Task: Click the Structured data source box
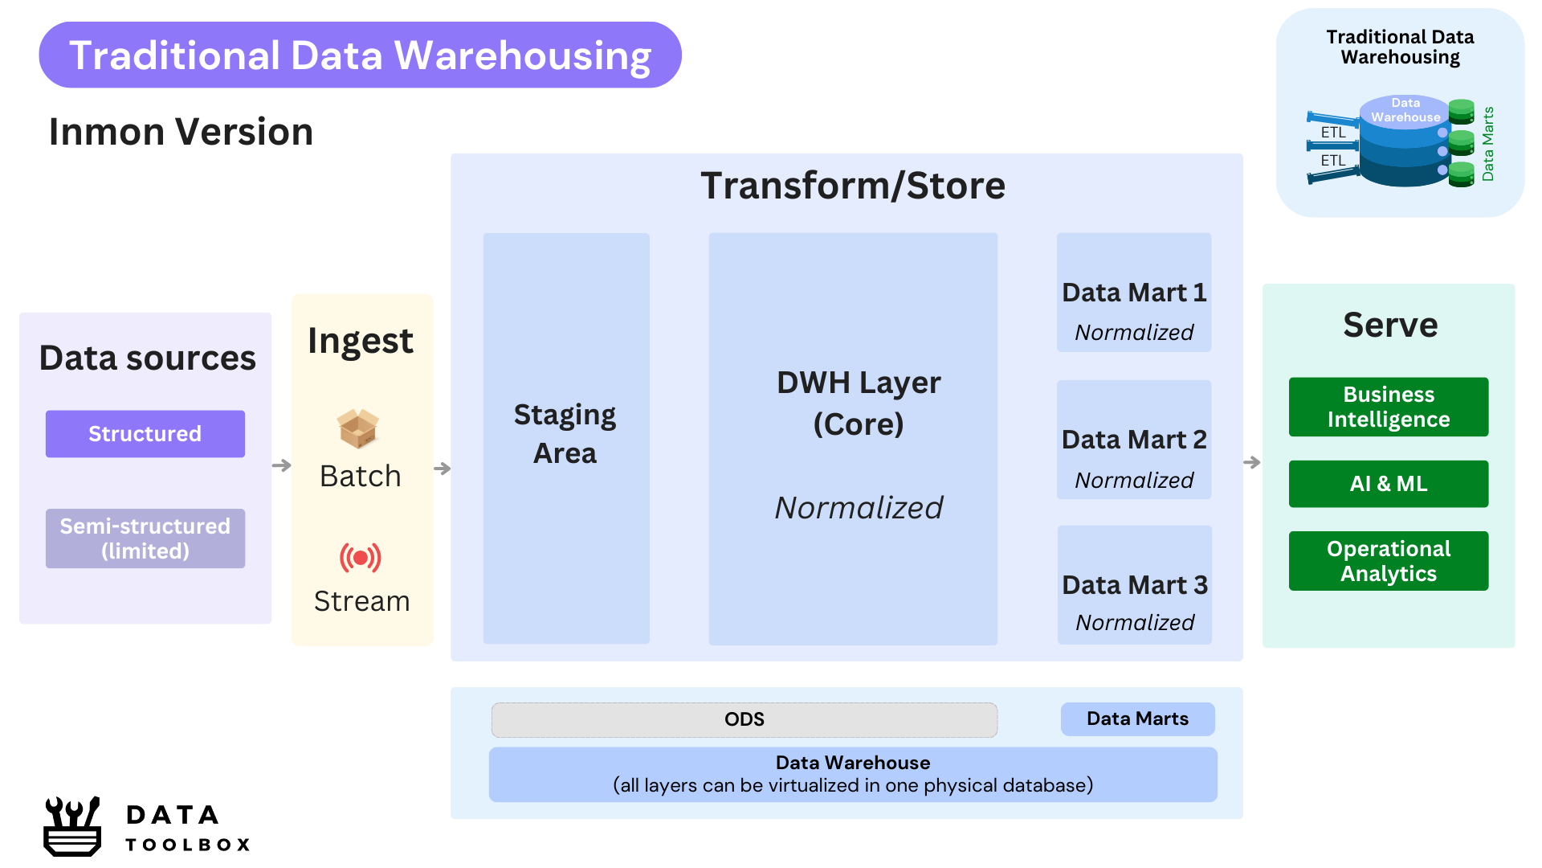click(145, 434)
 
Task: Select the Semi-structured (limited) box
click(145, 538)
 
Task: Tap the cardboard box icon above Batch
click(358, 428)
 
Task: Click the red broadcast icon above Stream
click(361, 557)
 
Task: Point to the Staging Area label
click(565, 434)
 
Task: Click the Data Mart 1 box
click(1134, 293)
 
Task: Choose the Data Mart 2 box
click(1134, 440)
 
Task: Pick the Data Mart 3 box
click(1135, 585)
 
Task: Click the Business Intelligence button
click(1389, 407)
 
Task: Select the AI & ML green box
click(1389, 484)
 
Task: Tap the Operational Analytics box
click(1389, 561)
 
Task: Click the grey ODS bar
click(744, 719)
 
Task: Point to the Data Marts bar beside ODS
click(1138, 719)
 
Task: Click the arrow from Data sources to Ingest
click(282, 465)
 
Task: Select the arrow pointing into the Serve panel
click(1252, 462)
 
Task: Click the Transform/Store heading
click(853, 186)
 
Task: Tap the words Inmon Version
click(181, 132)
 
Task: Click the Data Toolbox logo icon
click(72, 826)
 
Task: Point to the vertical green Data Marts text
click(1488, 144)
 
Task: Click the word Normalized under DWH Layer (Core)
click(859, 508)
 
